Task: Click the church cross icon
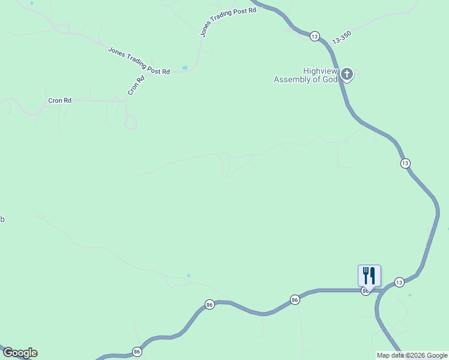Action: pos(347,74)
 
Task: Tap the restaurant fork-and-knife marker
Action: pos(369,276)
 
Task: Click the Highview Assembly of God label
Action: pos(306,75)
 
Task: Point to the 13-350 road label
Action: pos(340,37)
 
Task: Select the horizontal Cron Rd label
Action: pos(60,100)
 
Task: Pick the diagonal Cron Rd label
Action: pos(136,86)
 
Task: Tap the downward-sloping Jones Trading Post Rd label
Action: pos(139,61)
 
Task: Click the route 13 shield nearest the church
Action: pos(315,37)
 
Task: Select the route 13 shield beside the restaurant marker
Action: pos(399,282)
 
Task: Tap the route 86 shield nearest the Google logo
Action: pos(137,352)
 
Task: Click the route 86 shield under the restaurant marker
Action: pos(365,291)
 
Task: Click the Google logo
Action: pos(20,353)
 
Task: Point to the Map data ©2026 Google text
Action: pos(412,355)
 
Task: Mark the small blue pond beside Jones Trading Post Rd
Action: pos(185,67)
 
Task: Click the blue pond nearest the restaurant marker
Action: pos(410,295)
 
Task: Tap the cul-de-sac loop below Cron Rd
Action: pos(130,123)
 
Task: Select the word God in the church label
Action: pos(331,79)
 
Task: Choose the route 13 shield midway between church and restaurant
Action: pos(405,163)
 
